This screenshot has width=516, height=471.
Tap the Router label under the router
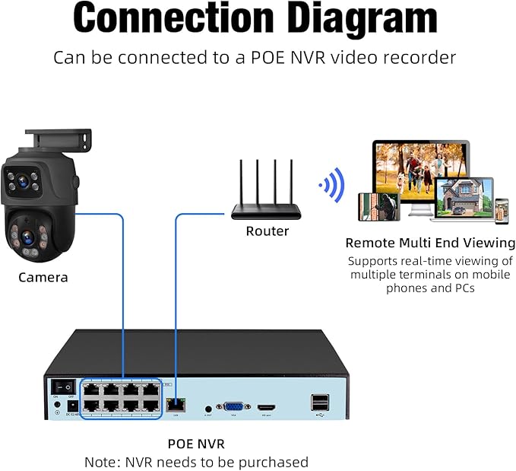pyautogui.click(x=267, y=231)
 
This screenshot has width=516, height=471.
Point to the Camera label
pyautogui.click(x=43, y=277)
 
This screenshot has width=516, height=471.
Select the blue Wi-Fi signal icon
pyautogui.click(x=332, y=185)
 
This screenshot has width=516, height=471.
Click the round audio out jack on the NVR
pyautogui.click(x=207, y=409)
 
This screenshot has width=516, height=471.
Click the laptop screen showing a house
pyautogui.click(x=464, y=198)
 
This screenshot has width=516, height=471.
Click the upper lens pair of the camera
pyautogui.click(x=25, y=182)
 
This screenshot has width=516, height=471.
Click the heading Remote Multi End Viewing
pyautogui.click(x=430, y=243)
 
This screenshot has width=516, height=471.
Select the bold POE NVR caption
pyautogui.click(x=196, y=443)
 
